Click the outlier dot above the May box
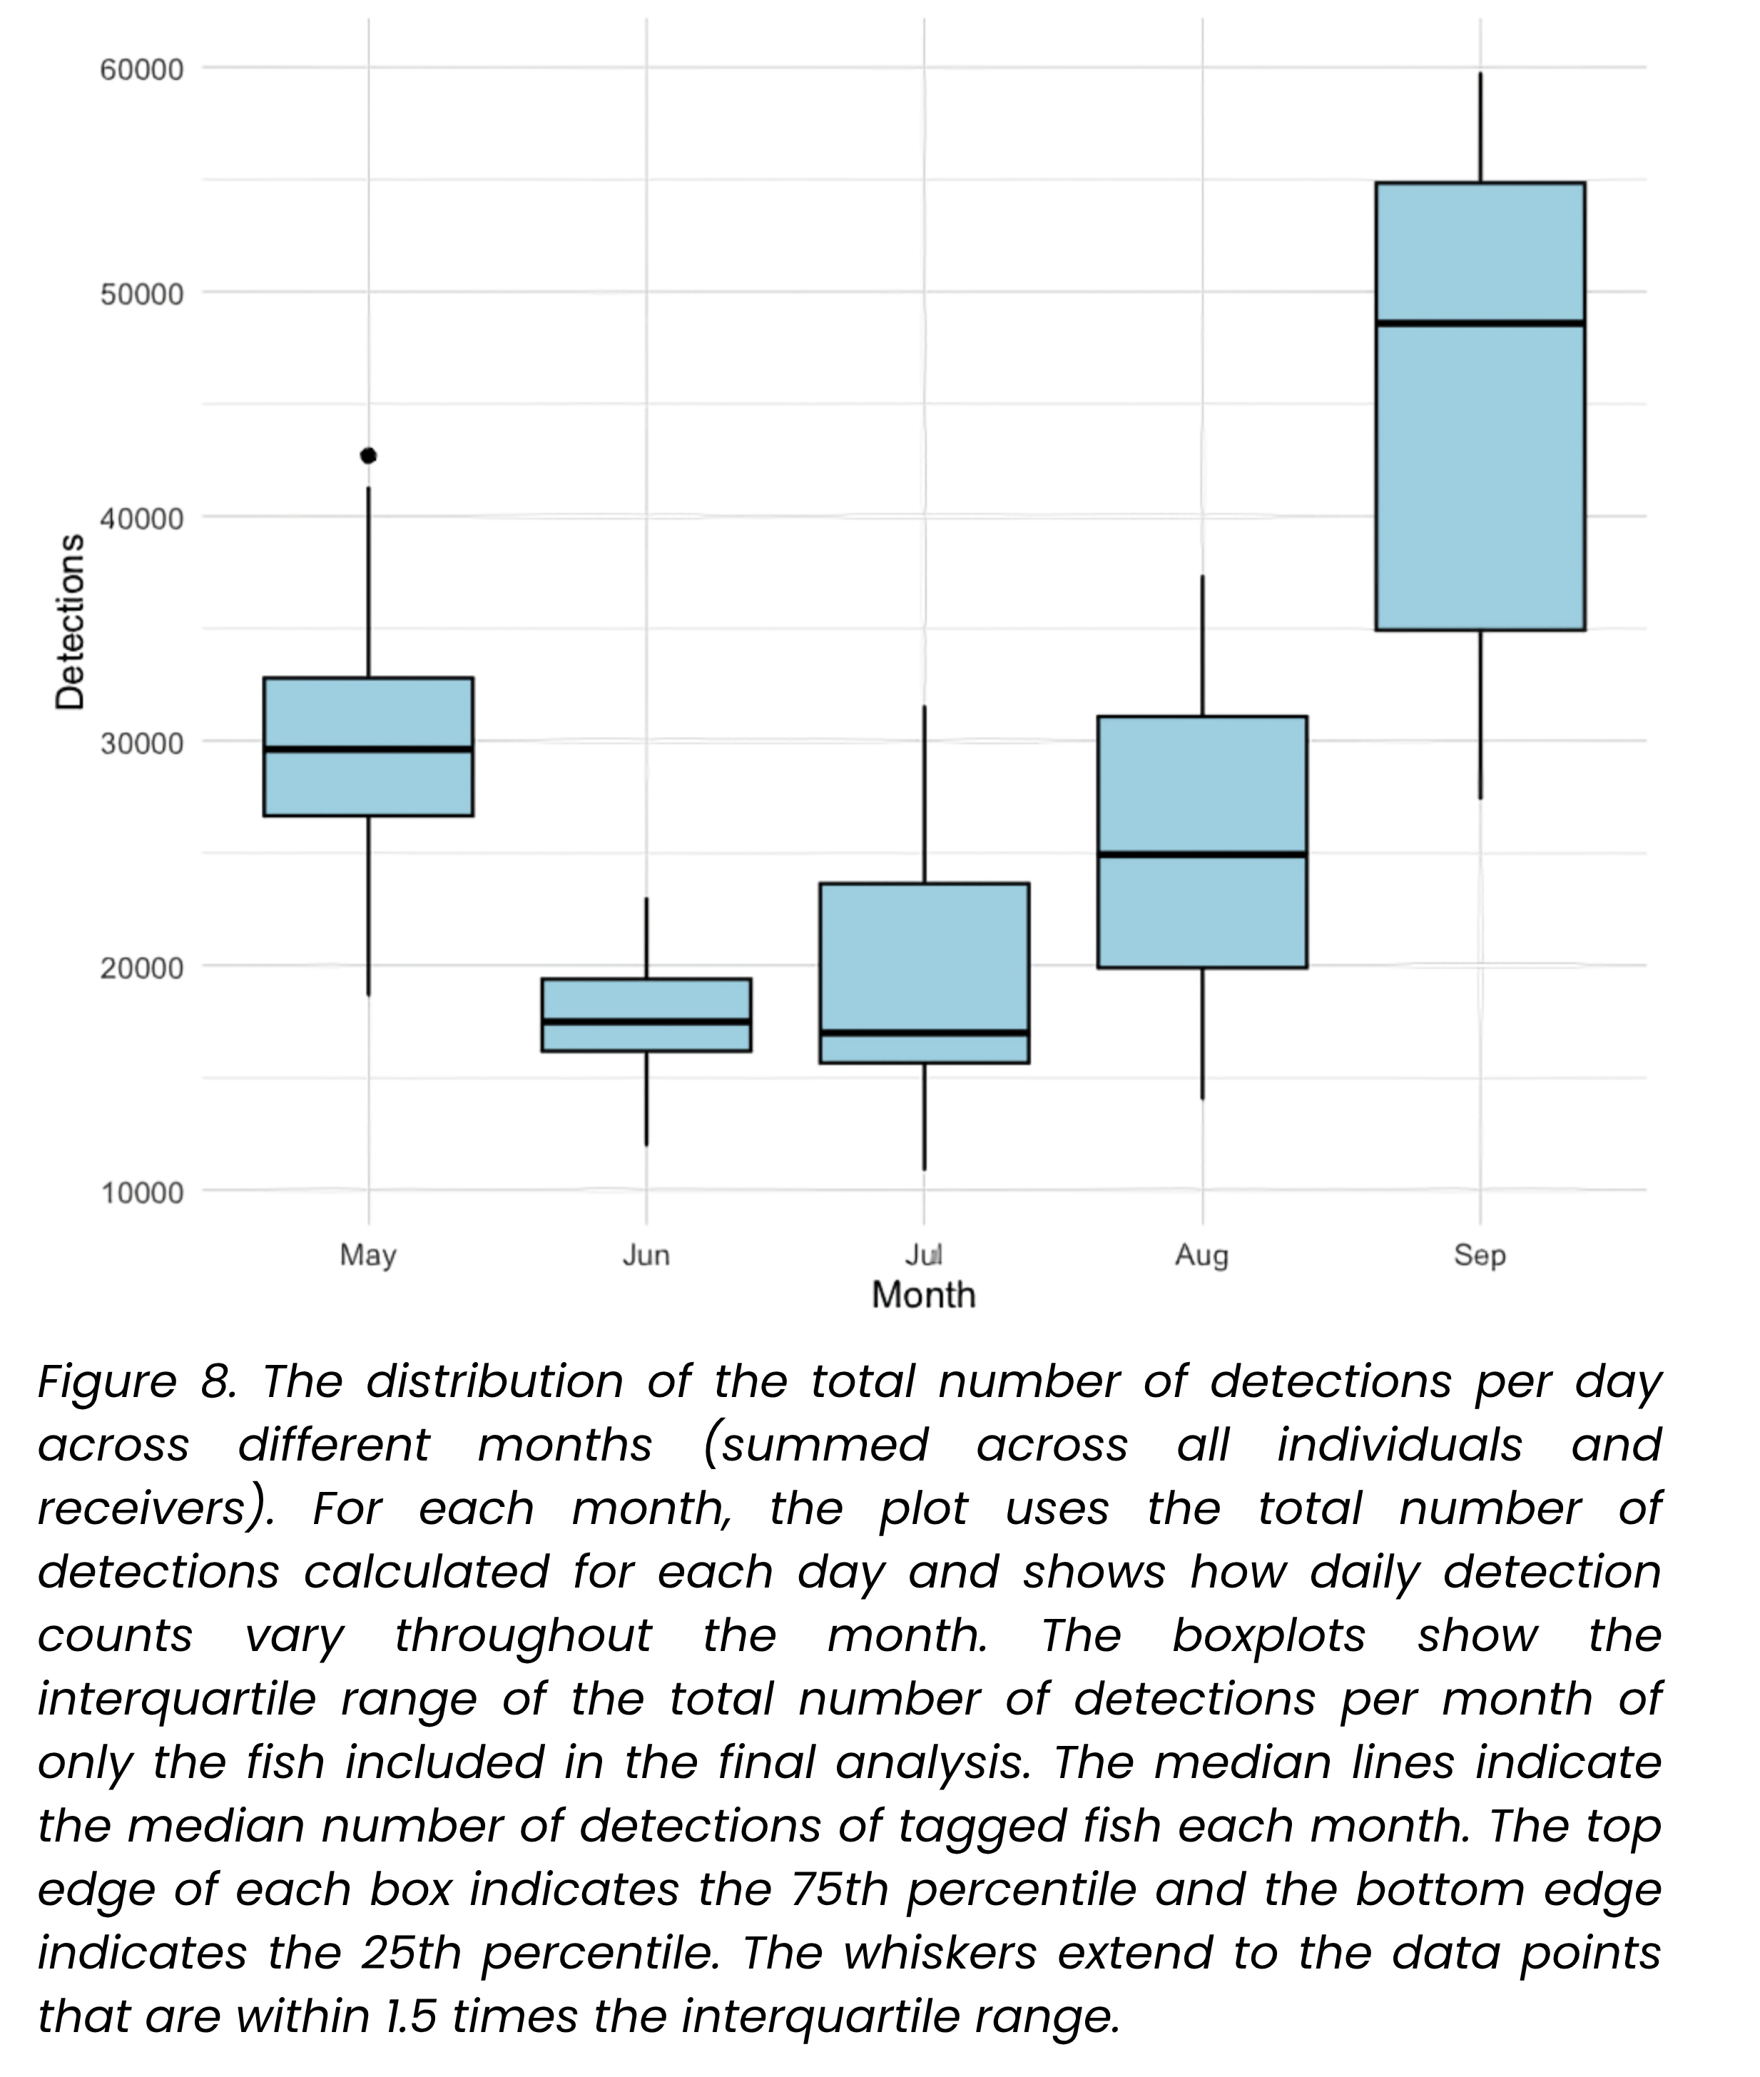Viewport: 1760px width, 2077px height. pos(368,456)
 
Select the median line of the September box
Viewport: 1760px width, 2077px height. pos(1480,323)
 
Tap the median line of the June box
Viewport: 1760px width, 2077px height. pos(646,1022)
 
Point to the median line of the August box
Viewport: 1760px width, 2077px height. pos(1202,854)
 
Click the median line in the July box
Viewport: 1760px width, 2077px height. pos(924,1032)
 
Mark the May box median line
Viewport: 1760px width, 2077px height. pos(368,748)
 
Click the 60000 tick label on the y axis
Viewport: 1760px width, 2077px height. pos(143,70)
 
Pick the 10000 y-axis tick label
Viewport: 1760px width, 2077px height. pos(143,1192)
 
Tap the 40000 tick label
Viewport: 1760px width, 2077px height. pos(143,519)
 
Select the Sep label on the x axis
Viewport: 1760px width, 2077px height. pos(1480,1255)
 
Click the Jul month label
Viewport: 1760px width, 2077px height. pos(924,1254)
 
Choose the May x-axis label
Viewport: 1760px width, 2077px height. pos(368,1255)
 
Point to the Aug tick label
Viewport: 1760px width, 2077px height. pos(1201,1255)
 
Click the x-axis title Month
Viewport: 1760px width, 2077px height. pos(924,1295)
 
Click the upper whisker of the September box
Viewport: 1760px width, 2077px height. pos(1480,128)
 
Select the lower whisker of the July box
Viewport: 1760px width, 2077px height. pos(924,1117)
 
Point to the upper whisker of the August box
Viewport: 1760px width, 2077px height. pos(1202,646)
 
